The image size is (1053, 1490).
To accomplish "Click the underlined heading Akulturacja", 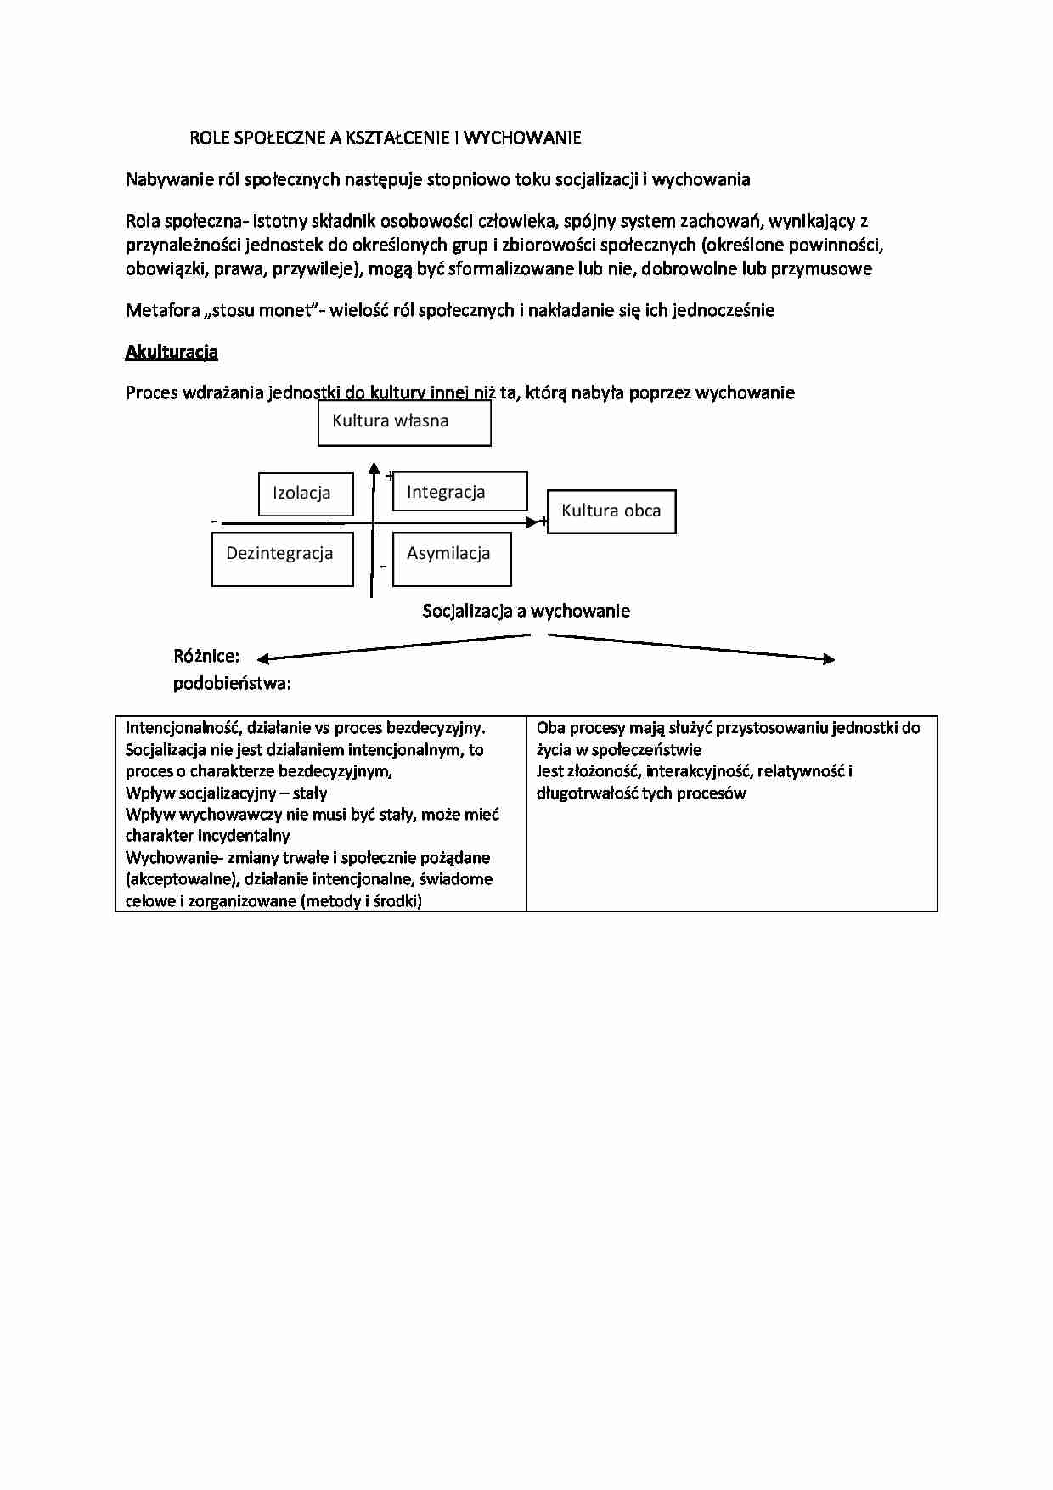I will point(172,352).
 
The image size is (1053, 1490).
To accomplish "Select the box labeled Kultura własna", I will point(404,422).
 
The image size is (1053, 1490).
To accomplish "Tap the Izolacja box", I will point(306,494).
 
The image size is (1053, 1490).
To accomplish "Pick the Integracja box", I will point(459,492).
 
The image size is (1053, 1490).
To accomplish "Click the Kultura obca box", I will point(611,511).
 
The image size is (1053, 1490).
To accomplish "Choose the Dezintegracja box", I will point(282,558).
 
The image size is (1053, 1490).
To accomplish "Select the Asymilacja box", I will point(452,558).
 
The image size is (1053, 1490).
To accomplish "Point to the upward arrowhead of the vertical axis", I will point(373,467).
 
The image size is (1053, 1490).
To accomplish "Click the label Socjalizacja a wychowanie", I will point(526,611).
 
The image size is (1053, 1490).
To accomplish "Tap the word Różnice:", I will point(206,656).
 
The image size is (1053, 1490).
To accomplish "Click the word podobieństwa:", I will point(232,683).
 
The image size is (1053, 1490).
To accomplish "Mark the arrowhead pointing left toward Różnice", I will point(262,658).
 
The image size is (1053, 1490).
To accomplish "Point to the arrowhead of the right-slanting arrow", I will point(830,658).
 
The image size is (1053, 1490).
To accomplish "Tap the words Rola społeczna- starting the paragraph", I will point(187,222).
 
